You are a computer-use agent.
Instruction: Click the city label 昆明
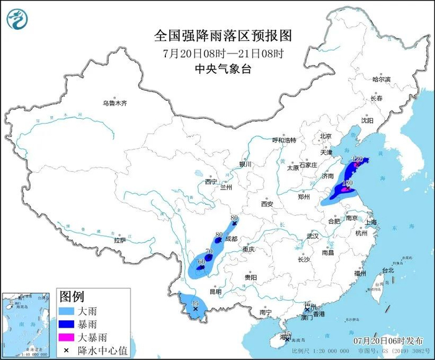tap(215, 291)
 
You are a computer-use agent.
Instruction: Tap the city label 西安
tap(267, 204)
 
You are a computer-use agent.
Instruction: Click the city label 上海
tap(372, 222)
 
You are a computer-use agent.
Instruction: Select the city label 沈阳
tap(368, 120)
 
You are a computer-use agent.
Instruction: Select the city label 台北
tap(388, 270)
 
